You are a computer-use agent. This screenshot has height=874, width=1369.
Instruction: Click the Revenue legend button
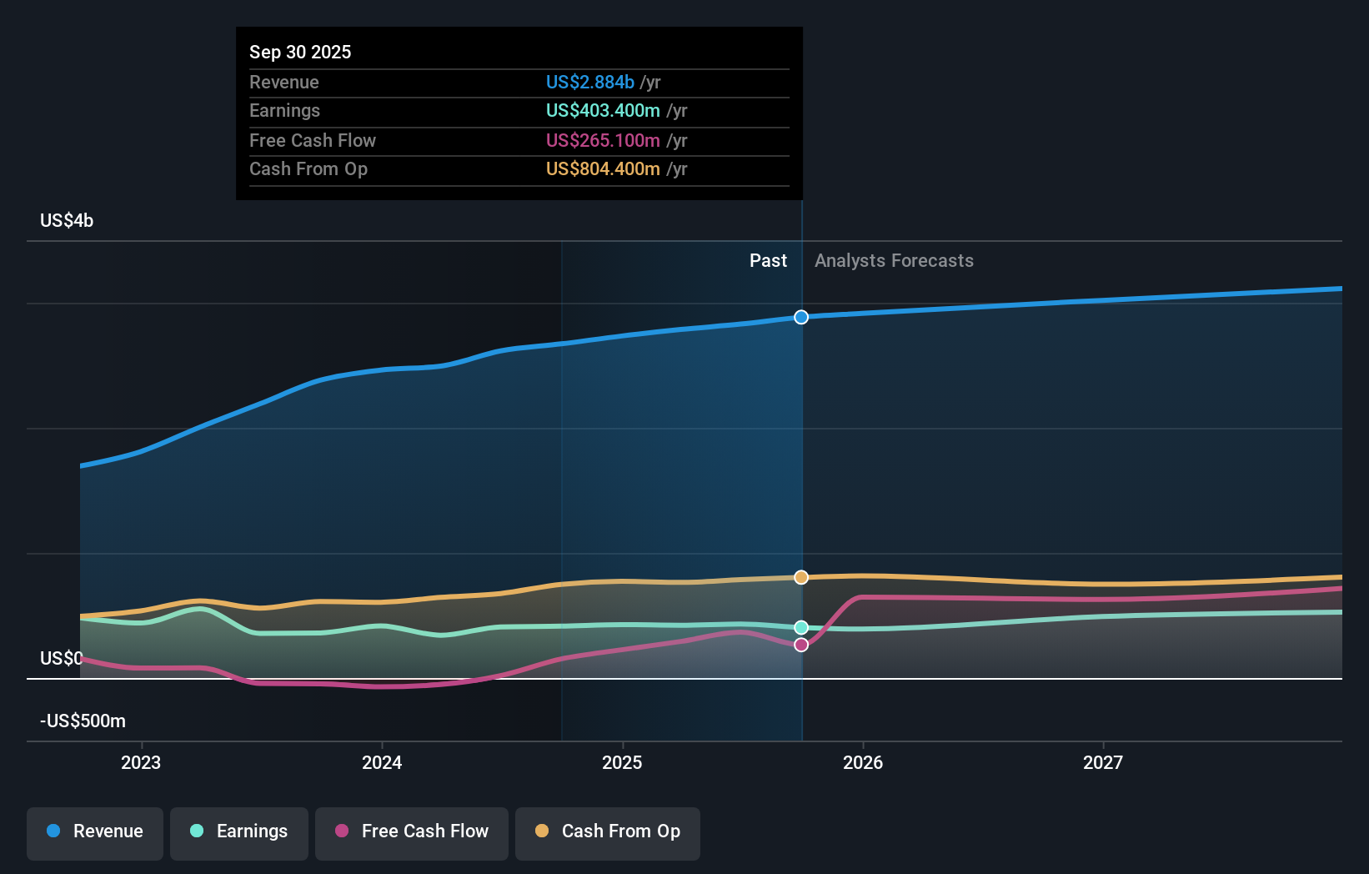point(95,832)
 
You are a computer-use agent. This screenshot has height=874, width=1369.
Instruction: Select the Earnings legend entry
point(239,832)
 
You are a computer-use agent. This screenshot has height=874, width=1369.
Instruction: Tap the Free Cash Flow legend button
point(412,832)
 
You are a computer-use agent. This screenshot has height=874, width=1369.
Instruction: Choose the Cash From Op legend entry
point(608,832)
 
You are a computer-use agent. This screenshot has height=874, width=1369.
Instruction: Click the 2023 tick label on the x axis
point(141,762)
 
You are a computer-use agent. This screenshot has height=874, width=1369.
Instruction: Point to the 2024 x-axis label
point(382,762)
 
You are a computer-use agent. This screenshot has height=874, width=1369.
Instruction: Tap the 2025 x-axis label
point(622,762)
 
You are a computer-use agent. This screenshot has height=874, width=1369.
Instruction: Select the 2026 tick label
point(863,762)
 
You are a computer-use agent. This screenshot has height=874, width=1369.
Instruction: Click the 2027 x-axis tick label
point(1103,762)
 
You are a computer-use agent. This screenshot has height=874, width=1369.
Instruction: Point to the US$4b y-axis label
point(67,221)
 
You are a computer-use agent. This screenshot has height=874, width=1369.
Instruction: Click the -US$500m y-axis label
point(83,721)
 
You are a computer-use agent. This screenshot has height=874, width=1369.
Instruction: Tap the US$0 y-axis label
point(61,659)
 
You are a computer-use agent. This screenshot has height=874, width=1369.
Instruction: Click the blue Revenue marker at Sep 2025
point(801,317)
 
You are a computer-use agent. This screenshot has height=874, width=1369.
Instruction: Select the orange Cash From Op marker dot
point(801,577)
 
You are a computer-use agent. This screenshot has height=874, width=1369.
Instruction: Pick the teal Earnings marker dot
point(801,627)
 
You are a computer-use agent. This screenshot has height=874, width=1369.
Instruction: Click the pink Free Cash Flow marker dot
point(801,645)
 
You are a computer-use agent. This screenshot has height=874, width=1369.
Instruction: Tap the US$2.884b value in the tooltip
point(589,83)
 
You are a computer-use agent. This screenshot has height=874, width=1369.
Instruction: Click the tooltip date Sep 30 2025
point(300,53)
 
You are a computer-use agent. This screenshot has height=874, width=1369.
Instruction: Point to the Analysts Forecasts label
point(894,261)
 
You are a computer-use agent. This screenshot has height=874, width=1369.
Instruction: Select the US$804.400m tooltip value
point(603,169)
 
